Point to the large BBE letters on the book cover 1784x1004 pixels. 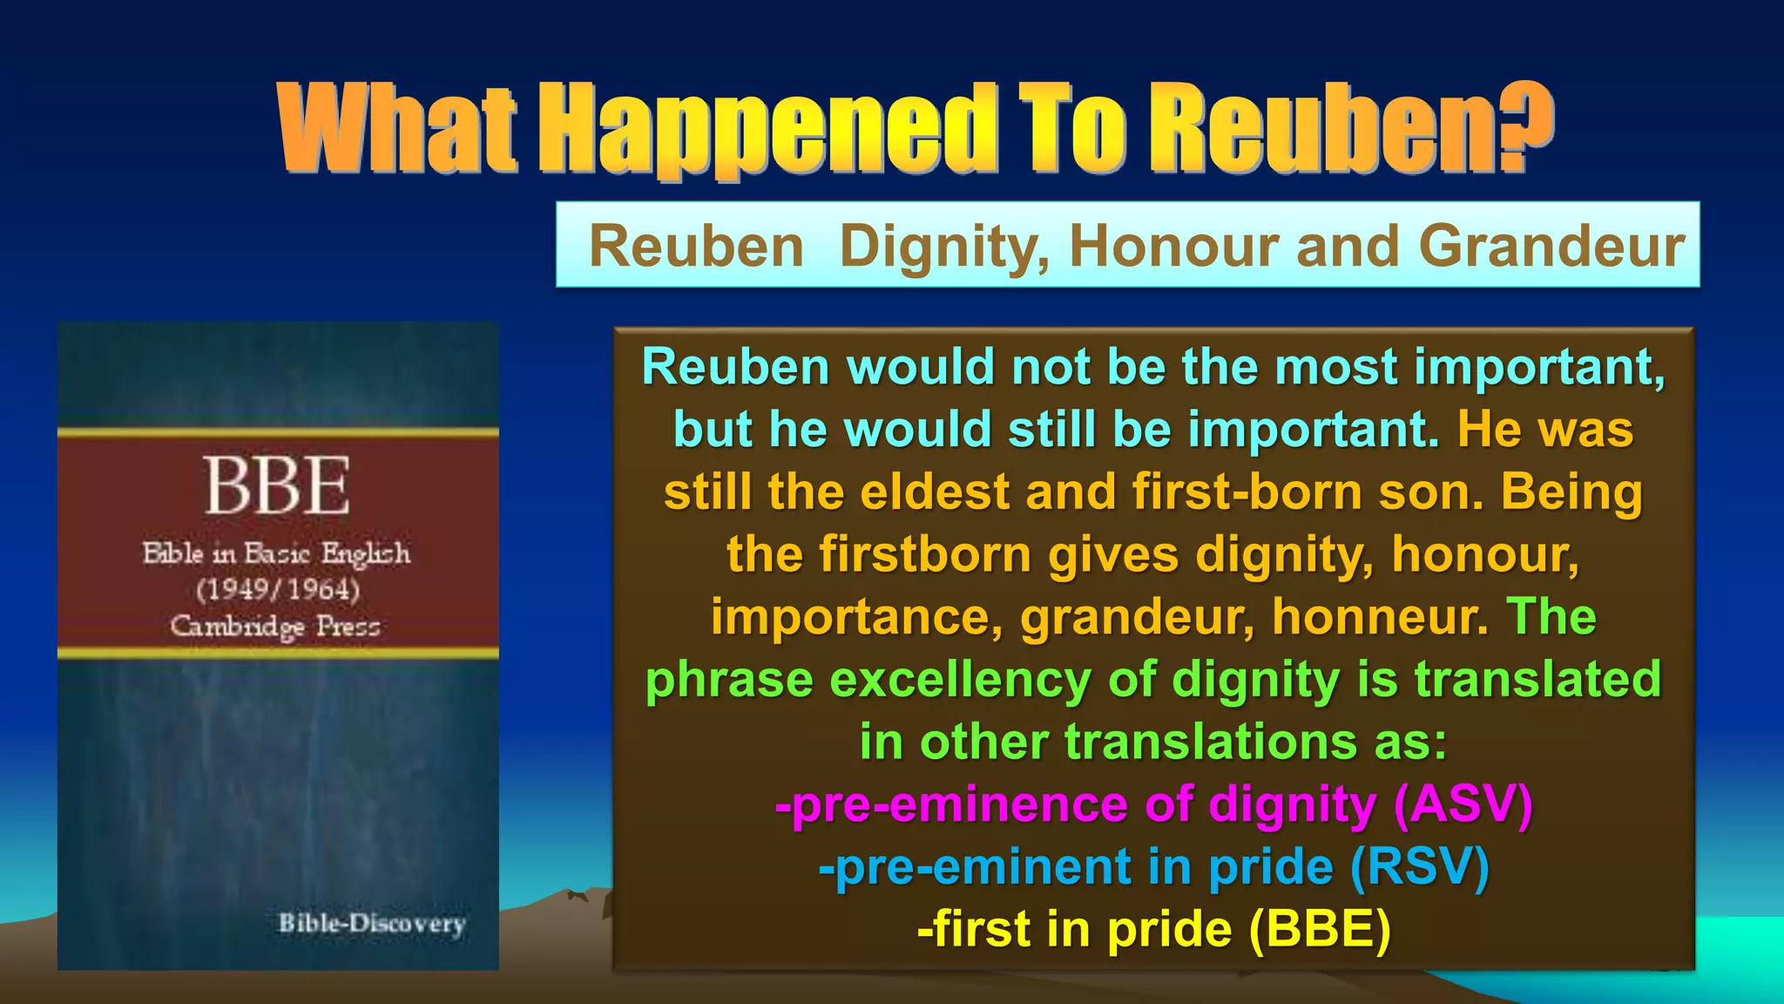277,485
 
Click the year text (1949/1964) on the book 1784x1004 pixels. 278,590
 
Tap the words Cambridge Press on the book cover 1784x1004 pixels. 275,626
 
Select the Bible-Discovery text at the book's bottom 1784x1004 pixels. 372,923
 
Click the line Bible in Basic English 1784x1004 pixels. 276,553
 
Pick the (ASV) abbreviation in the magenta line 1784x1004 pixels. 1463,804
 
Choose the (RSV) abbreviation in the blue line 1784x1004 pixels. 1419,866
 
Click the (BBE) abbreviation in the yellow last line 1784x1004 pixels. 1319,929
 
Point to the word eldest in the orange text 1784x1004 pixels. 932,492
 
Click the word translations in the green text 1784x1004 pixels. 1210,743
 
